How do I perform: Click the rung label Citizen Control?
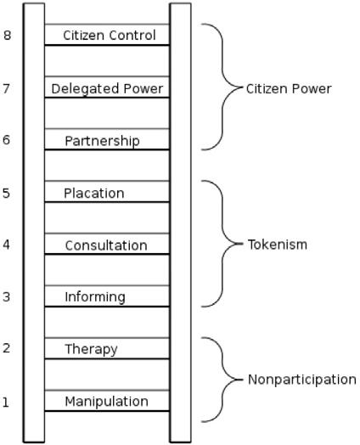[x=110, y=36]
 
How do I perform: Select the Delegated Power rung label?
[x=107, y=89]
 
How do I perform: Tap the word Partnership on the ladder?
[x=102, y=141]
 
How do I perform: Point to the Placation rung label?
[x=94, y=194]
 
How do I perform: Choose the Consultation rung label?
[x=106, y=245]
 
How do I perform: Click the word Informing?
[x=95, y=297]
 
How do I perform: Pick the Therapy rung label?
[x=91, y=350]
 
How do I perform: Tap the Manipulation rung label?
[x=107, y=402]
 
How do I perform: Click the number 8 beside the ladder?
[x=7, y=35]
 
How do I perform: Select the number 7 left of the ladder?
[x=7, y=88]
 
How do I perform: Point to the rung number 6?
[x=6, y=140]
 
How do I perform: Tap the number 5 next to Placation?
[x=6, y=193]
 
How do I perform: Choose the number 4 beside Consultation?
[x=6, y=245]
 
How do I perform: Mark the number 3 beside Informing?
[x=6, y=297]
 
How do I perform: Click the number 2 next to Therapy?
[x=6, y=348]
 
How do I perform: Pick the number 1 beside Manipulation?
[x=6, y=403]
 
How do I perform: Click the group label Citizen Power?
[x=289, y=89]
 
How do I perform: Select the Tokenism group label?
[x=278, y=245]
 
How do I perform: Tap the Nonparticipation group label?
[x=302, y=380]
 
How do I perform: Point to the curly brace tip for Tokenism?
[x=243, y=244]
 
